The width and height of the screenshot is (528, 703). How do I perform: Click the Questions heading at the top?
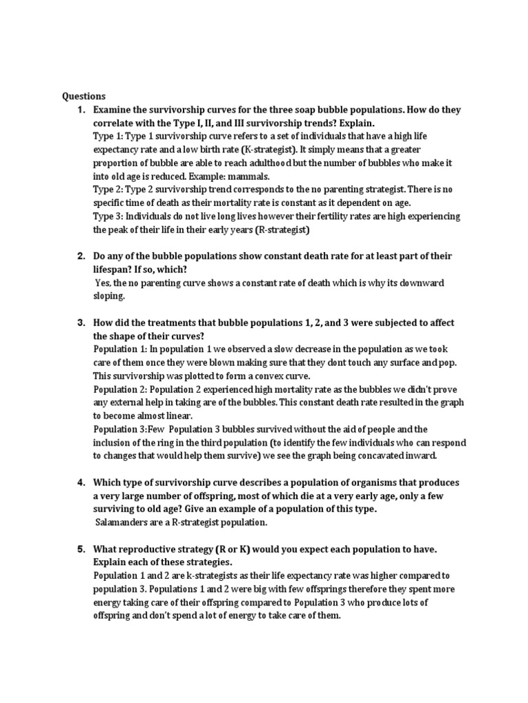(84, 96)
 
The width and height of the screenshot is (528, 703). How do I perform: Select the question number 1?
(80, 110)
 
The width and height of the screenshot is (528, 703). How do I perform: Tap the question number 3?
(80, 323)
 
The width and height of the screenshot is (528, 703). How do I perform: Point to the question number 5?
(80, 549)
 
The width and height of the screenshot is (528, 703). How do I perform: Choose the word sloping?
(110, 296)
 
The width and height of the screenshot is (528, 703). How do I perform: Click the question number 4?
(80, 482)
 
